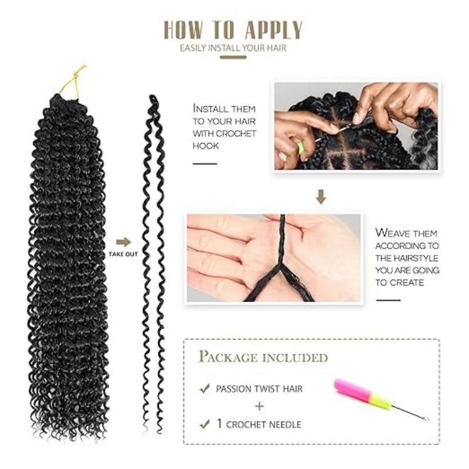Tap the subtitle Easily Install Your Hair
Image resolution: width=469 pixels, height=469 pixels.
[x=233, y=47]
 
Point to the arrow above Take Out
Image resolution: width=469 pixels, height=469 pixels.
[x=123, y=242]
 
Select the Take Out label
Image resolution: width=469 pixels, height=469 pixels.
[x=123, y=254]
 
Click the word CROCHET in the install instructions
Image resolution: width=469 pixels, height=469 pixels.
[x=233, y=134]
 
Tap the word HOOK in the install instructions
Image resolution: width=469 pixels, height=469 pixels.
[x=206, y=146]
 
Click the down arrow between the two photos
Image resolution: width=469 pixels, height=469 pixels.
[x=321, y=197]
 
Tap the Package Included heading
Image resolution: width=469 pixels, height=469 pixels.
[x=263, y=356]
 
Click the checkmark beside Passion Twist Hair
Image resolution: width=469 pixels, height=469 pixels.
[x=204, y=388]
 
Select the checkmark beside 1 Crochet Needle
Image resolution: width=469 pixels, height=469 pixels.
[x=204, y=423]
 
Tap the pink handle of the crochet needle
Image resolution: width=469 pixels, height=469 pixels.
[x=349, y=390]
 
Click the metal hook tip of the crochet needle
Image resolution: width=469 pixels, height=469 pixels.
[x=426, y=419]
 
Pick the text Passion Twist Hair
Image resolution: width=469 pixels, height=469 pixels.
[x=259, y=389]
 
